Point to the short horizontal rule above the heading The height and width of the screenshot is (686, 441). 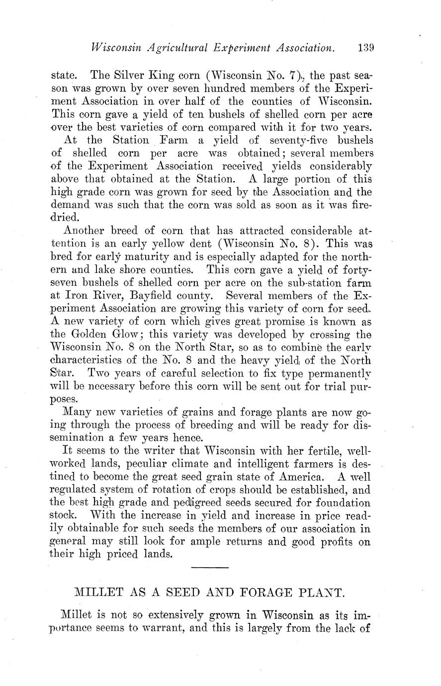click(209, 567)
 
